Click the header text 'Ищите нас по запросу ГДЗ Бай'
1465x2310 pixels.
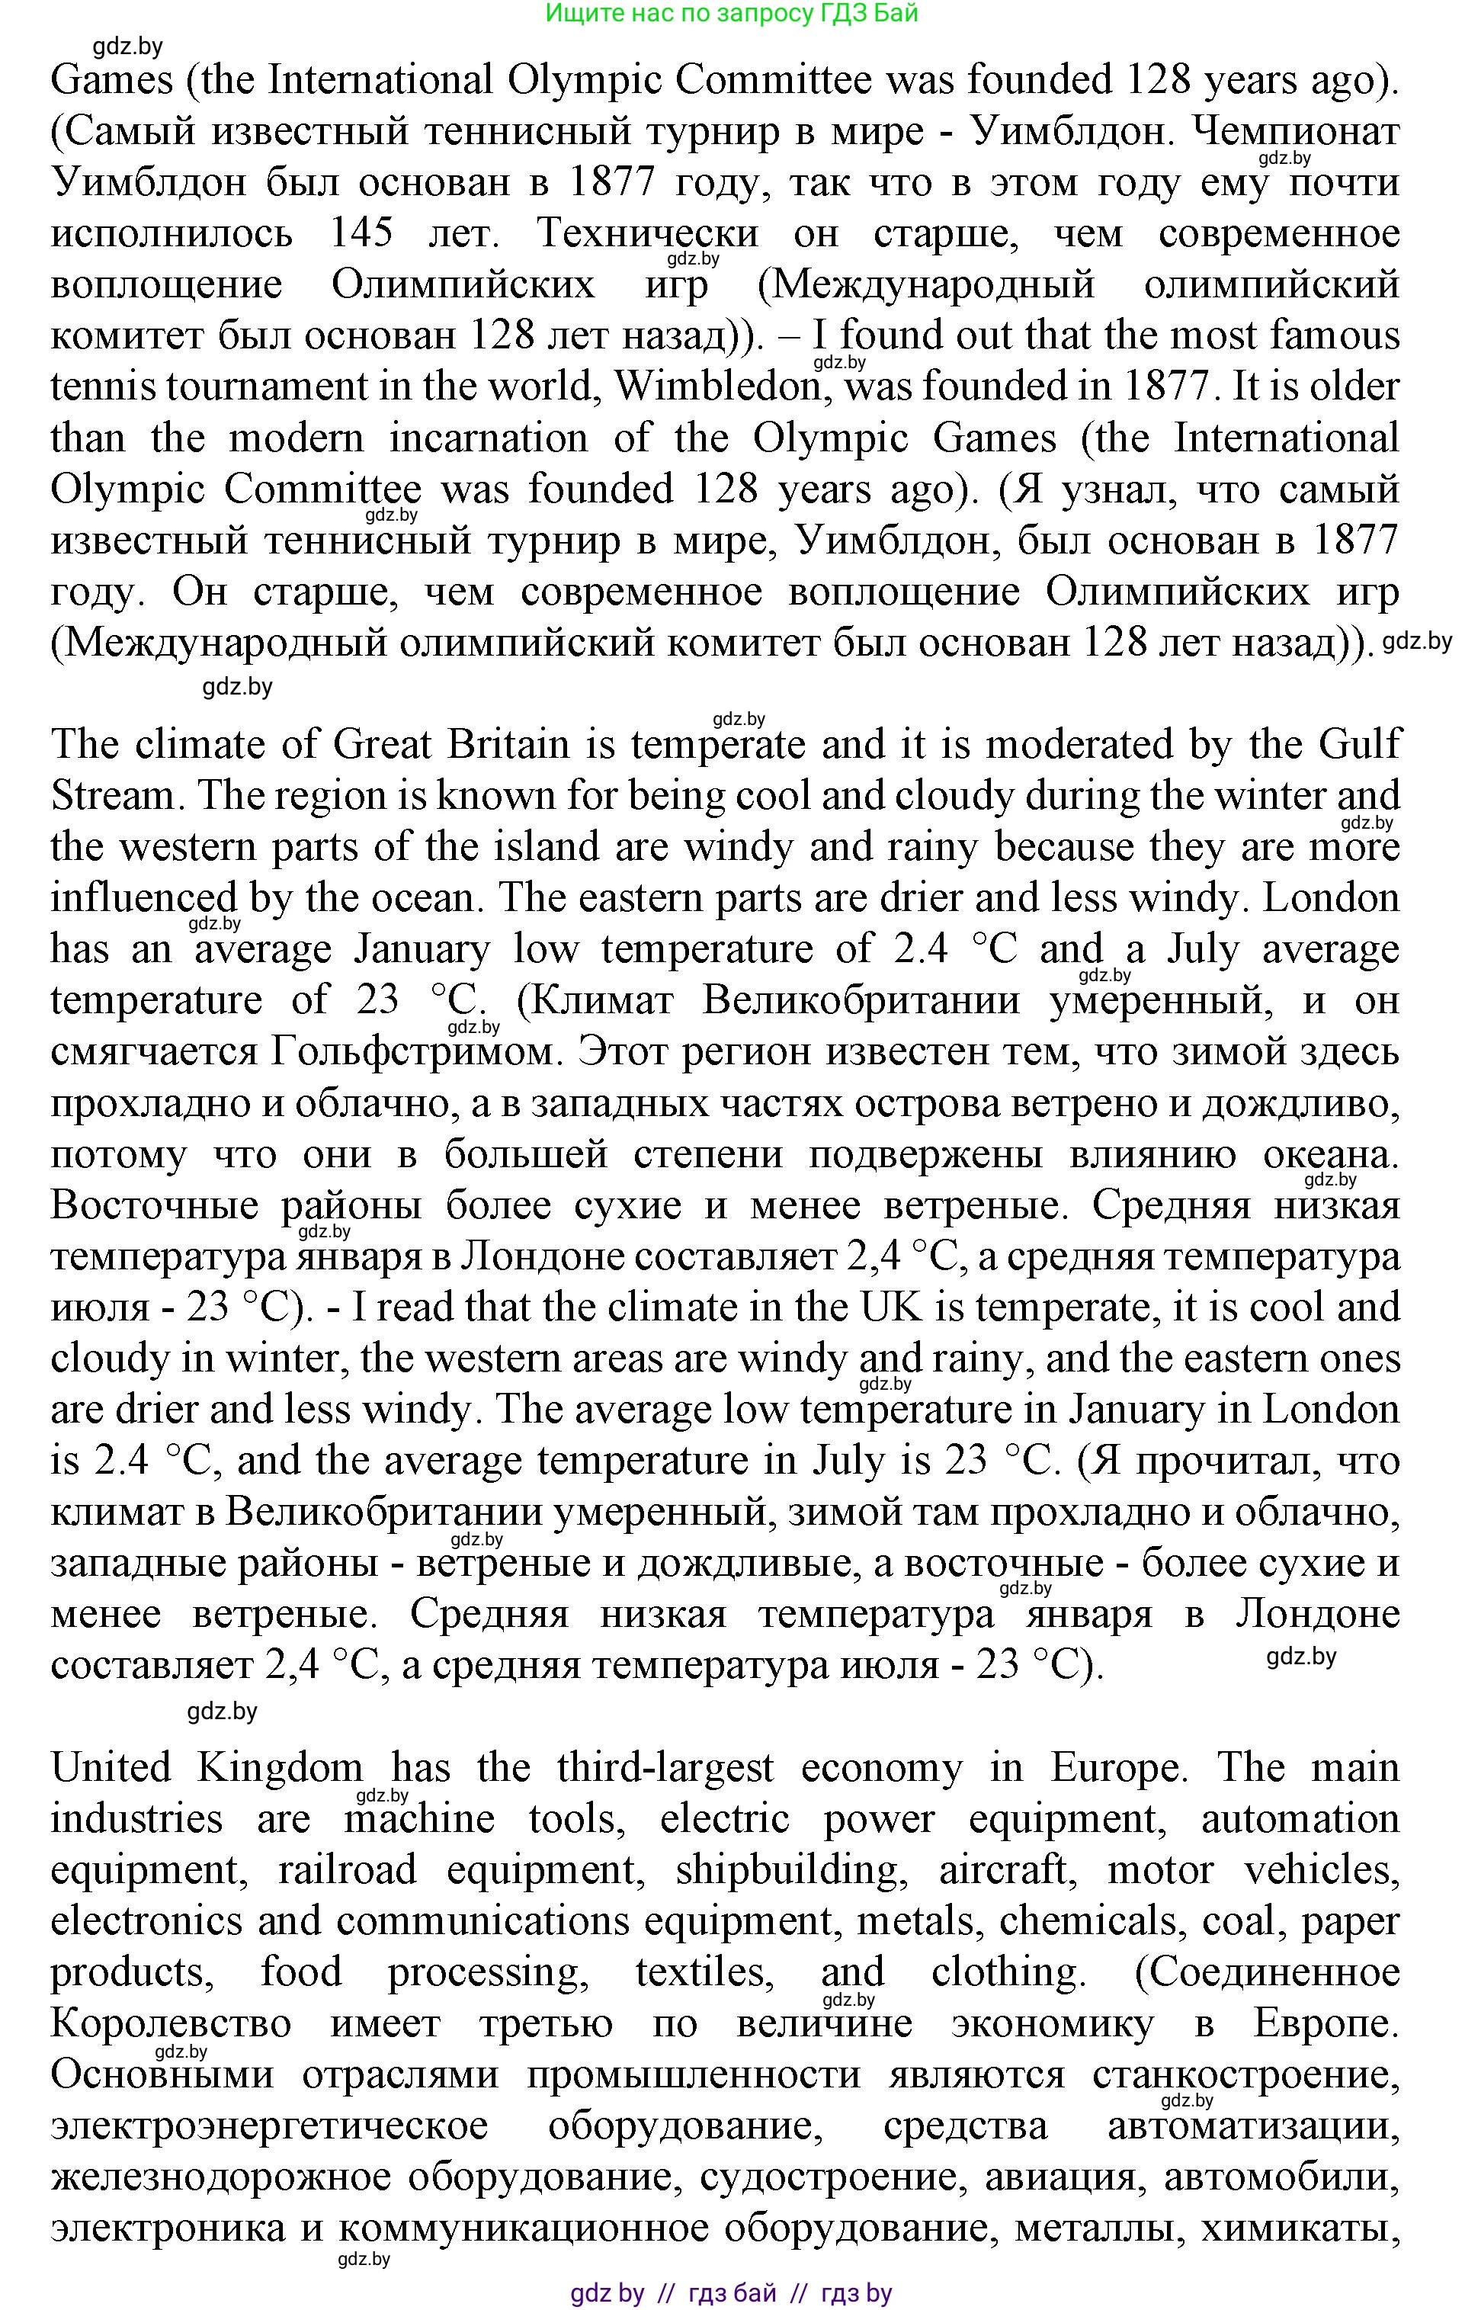click(x=732, y=14)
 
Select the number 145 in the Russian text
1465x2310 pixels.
click(x=361, y=233)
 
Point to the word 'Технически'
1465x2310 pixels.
click(x=648, y=233)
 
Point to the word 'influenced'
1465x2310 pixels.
click(x=144, y=899)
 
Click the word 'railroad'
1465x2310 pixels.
click(x=348, y=1869)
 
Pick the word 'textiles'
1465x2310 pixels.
click(x=704, y=1972)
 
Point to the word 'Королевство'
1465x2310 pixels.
click(x=171, y=2024)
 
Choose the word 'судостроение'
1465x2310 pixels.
click(x=832, y=2177)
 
